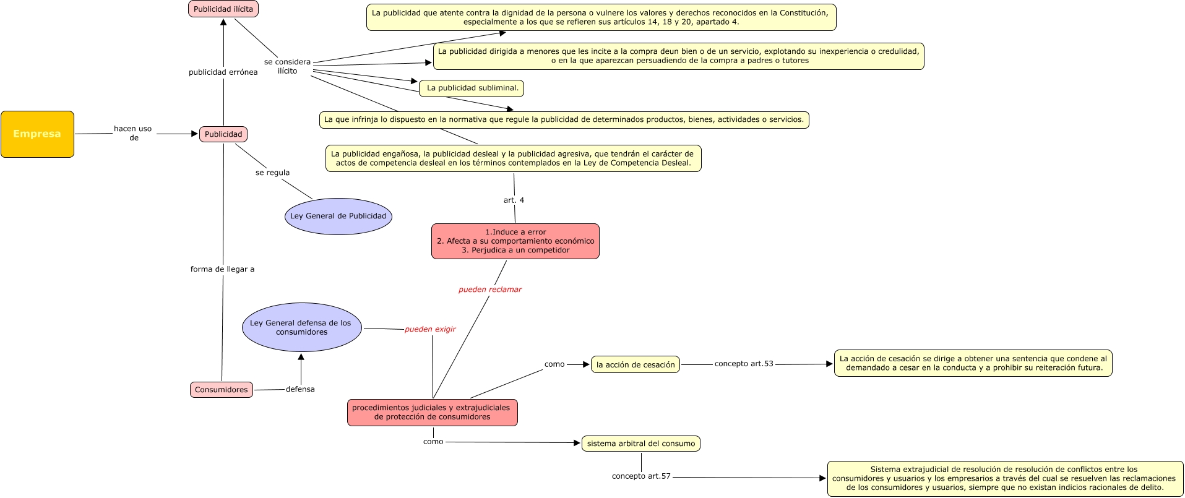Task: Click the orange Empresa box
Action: pos(37,134)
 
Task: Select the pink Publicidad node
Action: pos(223,134)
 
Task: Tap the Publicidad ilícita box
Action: pos(223,9)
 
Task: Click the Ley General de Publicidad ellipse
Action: pos(338,216)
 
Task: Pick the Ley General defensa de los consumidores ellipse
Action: pos(301,327)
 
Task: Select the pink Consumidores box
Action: pos(221,390)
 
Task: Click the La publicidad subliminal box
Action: pos(472,88)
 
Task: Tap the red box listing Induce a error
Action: pos(515,241)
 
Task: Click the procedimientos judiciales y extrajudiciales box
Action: pos(432,413)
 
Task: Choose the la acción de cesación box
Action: pos(635,365)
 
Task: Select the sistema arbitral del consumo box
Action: pos(640,444)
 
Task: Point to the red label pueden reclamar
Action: pos(489,290)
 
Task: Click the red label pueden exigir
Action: pos(430,329)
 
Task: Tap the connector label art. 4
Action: pos(514,200)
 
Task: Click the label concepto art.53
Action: pos(744,364)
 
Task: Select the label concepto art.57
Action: pos(641,476)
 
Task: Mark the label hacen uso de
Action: pos(132,133)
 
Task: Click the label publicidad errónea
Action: pos(223,72)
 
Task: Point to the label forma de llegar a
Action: pos(222,269)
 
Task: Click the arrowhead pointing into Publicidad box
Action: pos(194,134)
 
